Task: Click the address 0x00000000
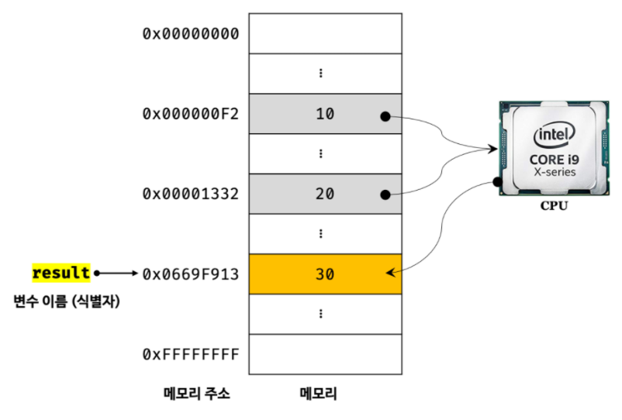point(190,33)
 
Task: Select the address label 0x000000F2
point(190,114)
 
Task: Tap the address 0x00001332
point(190,194)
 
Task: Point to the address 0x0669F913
point(190,274)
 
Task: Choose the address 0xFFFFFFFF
point(190,354)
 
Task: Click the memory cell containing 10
point(325,114)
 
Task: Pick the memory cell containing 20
point(325,194)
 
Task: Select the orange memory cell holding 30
point(325,274)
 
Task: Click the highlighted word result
point(61,273)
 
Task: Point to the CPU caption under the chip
point(553,207)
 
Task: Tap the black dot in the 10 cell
point(384,116)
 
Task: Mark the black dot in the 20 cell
point(384,196)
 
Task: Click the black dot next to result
point(97,274)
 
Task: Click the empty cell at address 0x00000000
point(325,33)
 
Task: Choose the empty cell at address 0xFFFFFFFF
point(325,354)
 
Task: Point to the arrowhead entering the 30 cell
point(391,272)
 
